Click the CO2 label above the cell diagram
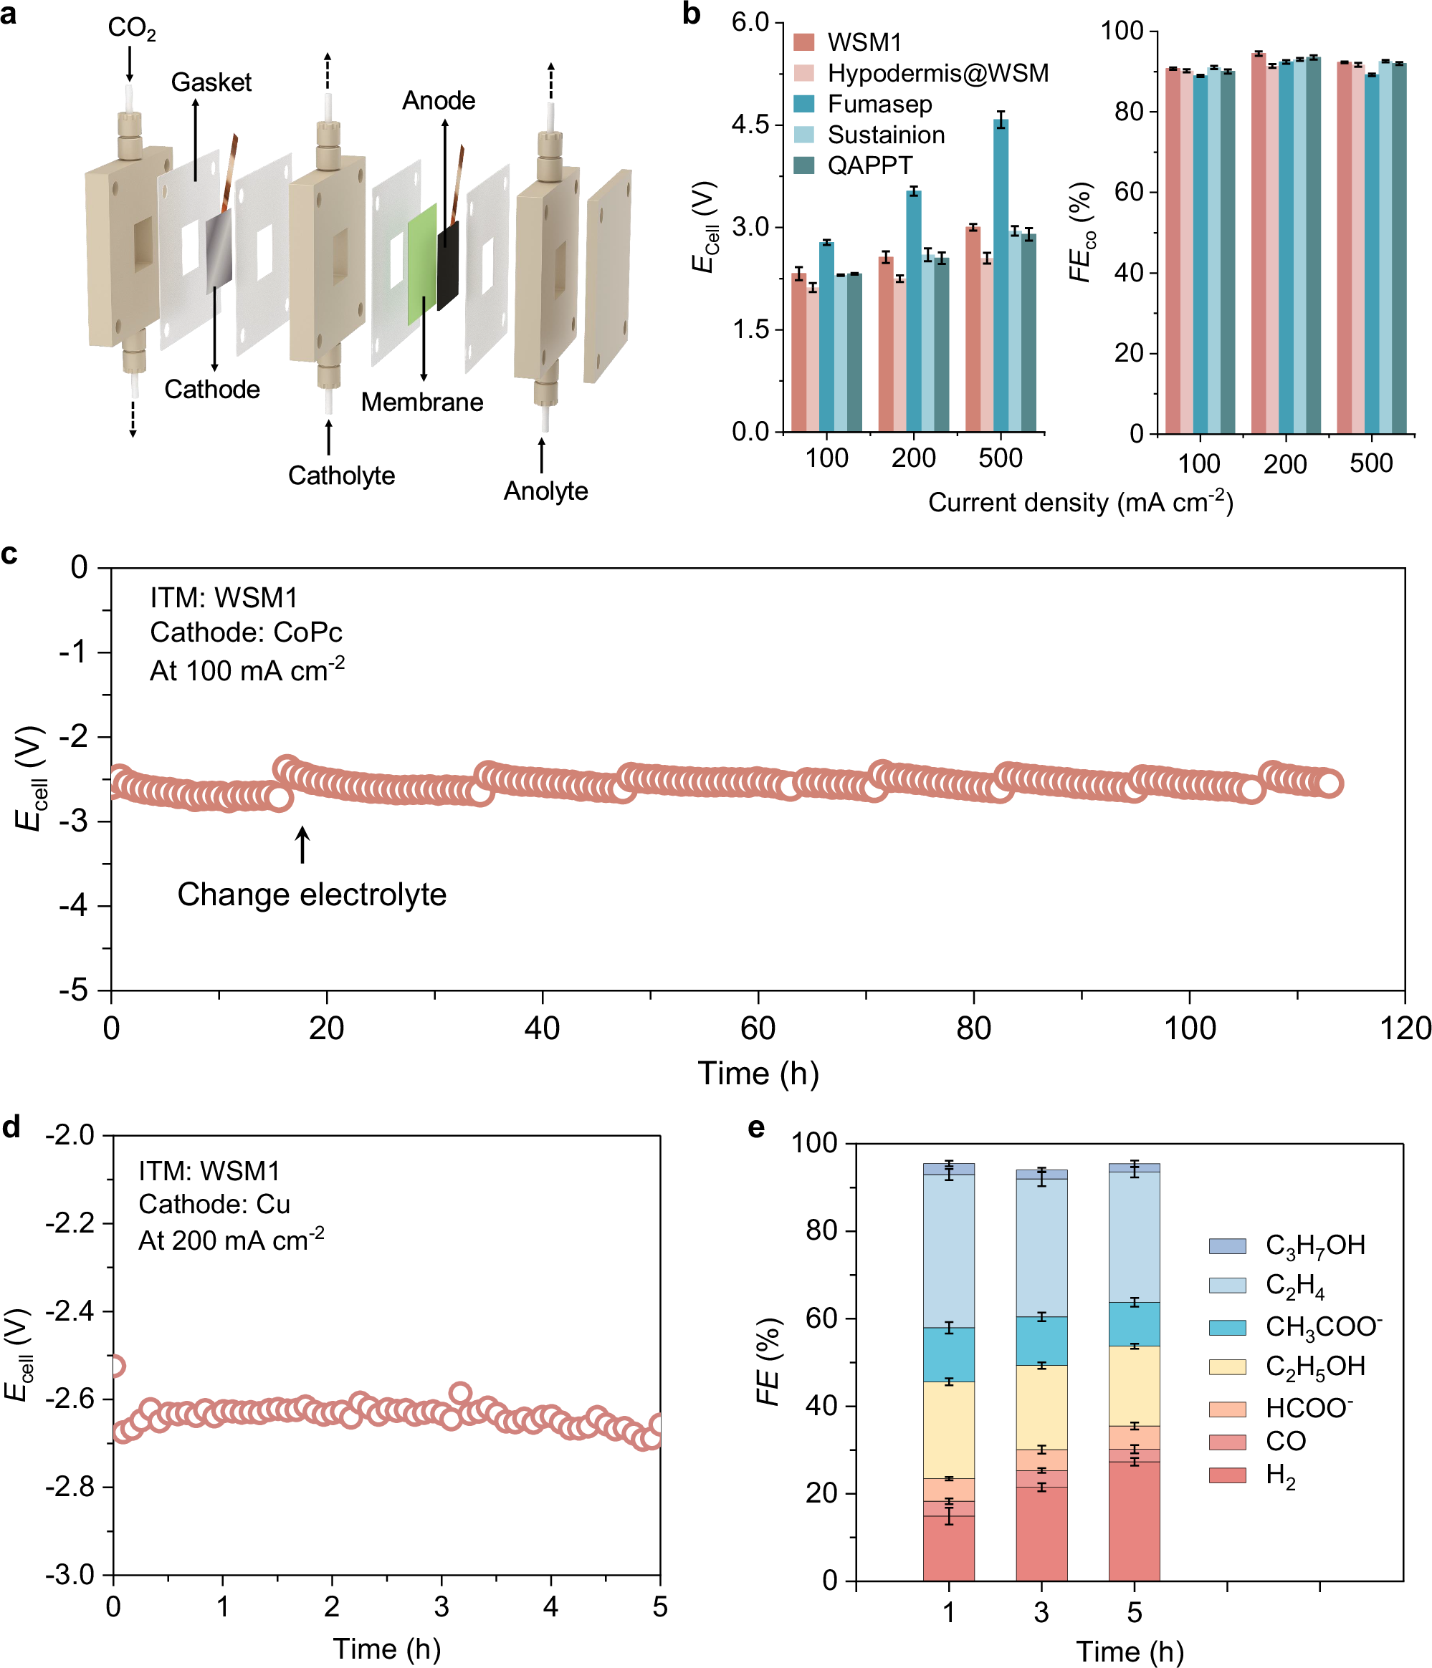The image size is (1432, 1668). coord(131,29)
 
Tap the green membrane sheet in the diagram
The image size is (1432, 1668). coord(422,264)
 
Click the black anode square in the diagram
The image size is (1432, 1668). coord(448,266)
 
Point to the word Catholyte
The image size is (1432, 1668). coord(341,476)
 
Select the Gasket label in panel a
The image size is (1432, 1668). coord(211,82)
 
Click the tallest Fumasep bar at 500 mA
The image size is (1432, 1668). coord(1001,274)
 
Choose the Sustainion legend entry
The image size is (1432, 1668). coord(886,135)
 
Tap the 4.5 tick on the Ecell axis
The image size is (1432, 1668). coord(750,125)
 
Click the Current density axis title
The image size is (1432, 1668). coord(1080,502)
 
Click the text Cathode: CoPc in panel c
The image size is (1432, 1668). coord(246,632)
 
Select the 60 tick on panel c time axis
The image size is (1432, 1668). coord(758,1028)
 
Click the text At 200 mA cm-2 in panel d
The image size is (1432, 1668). coord(231,1239)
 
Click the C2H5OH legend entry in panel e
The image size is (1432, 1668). coord(1315,1366)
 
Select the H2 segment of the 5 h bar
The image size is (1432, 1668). coord(1133,1521)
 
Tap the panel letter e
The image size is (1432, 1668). coord(756,1128)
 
